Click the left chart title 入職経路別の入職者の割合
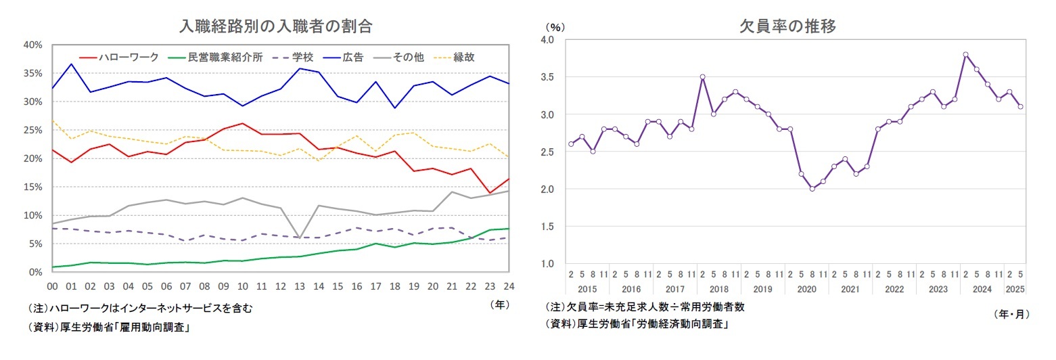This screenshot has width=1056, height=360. click(x=275, y=26)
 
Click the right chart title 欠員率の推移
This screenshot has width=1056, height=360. click(x=787, y=26)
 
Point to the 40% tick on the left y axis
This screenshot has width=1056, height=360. click(x=33, y=45)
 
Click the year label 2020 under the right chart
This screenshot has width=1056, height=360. click(x=806, y=288)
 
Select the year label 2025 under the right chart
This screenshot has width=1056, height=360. click(x=1015, y=288)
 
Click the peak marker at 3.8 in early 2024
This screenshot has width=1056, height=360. click(x=965, y=54)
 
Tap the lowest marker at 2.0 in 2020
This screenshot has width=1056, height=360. click(x=812, y=189)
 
